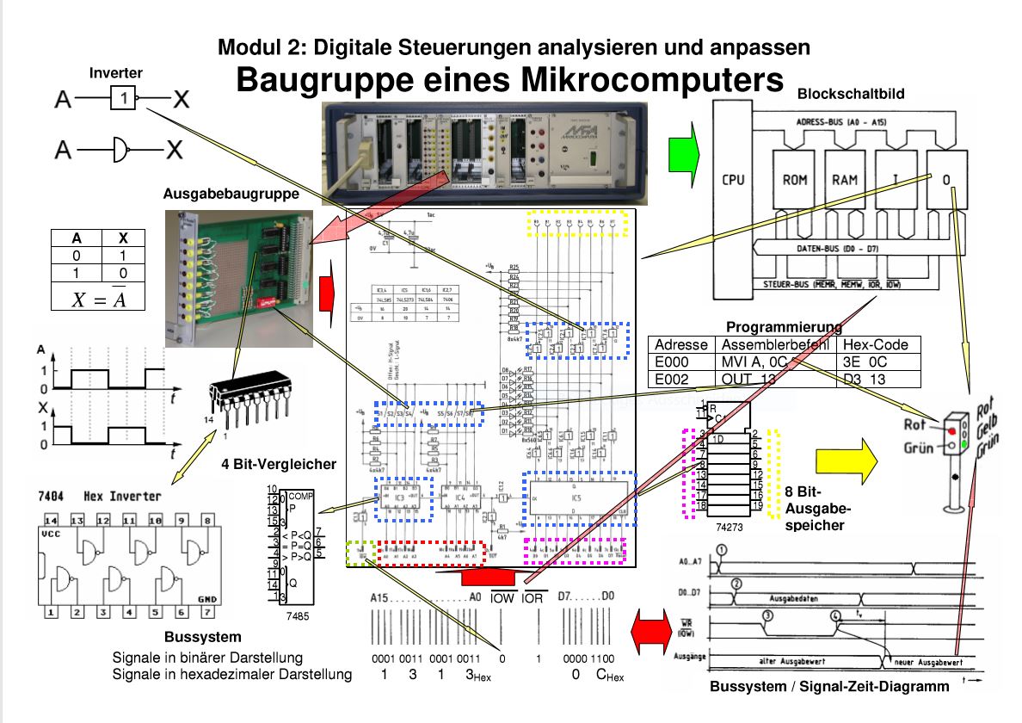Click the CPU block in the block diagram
click(734, 181)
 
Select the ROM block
click(794, 181)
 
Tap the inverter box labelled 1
click(125, 100)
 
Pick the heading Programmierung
click(783, 327)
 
